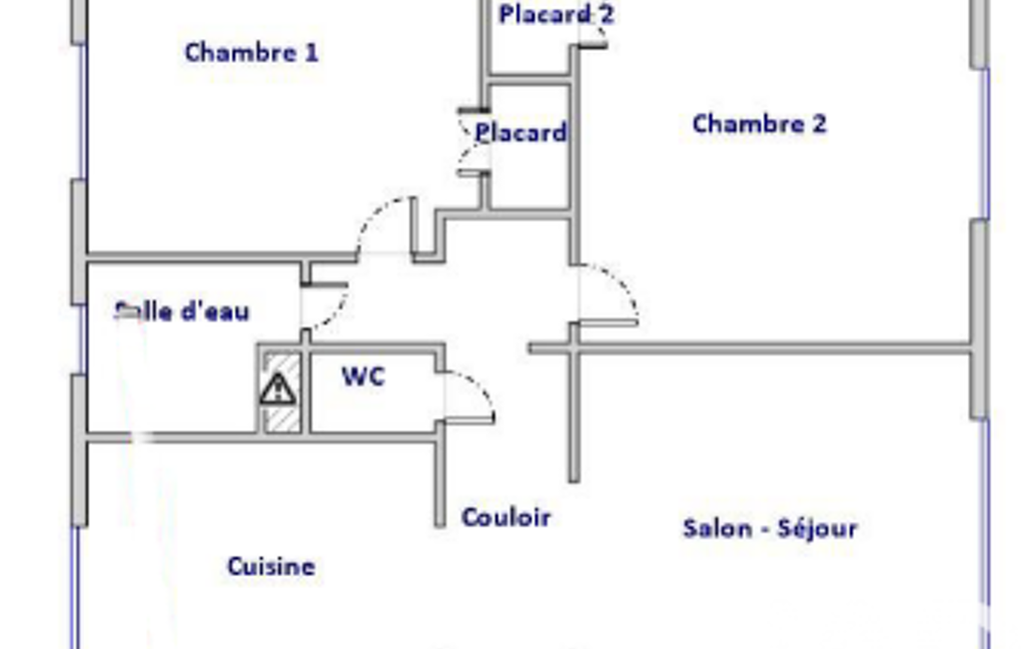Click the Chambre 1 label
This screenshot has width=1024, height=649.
[x=251, y=52]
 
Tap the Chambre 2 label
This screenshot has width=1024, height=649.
[x=759, y=124]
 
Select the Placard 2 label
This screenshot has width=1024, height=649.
[x=556, y=14]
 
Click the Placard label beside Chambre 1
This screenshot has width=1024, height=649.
[x=520, y=132]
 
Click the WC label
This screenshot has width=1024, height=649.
[x=363, y=376]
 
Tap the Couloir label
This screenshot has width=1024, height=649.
[x=506, y=517]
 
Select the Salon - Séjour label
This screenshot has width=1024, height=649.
[x=769, y=528]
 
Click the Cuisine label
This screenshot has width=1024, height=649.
[x=271, y=566]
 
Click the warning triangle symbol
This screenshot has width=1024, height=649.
[x=278, y=388]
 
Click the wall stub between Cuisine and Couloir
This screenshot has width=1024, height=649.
[x=440, y=479]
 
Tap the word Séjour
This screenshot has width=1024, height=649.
[x=818, y=528]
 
